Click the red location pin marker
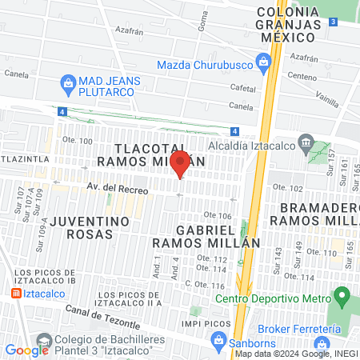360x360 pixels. [180, 163]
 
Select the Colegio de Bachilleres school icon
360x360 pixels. [41, 341]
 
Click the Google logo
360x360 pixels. [27, 350]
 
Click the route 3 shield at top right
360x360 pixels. [331, 23]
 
